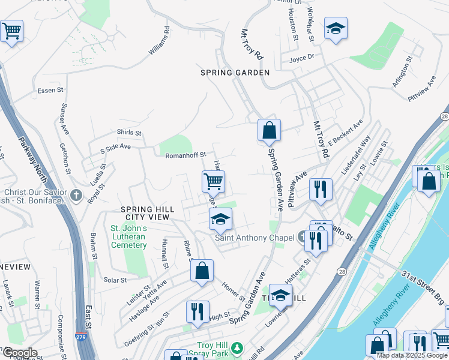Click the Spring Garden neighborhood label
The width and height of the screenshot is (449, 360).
(x=235, y=72)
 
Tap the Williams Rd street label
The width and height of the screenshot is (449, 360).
(x=159, y=41)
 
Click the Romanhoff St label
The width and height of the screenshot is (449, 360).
(x=185, y=155)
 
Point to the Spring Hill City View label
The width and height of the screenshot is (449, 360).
(x=147, y=213)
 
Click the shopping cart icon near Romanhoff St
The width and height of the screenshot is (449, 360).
(x=213, y=181)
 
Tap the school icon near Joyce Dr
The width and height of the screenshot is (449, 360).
(x=336, y=28)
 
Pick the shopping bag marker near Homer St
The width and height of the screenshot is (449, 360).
(x=202, y=271)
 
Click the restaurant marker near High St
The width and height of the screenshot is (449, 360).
(x=197, y=311)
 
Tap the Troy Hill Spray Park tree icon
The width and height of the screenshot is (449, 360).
(x=237, y=348)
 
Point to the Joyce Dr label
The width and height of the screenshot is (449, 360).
(x=301, y=58)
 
